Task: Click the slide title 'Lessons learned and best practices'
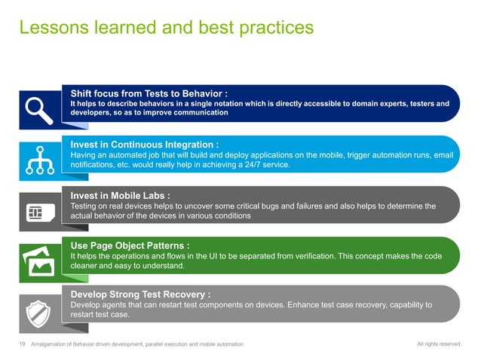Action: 165,27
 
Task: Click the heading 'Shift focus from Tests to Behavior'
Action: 149,93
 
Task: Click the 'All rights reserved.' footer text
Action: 439,344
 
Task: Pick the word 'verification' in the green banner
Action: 299,255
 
